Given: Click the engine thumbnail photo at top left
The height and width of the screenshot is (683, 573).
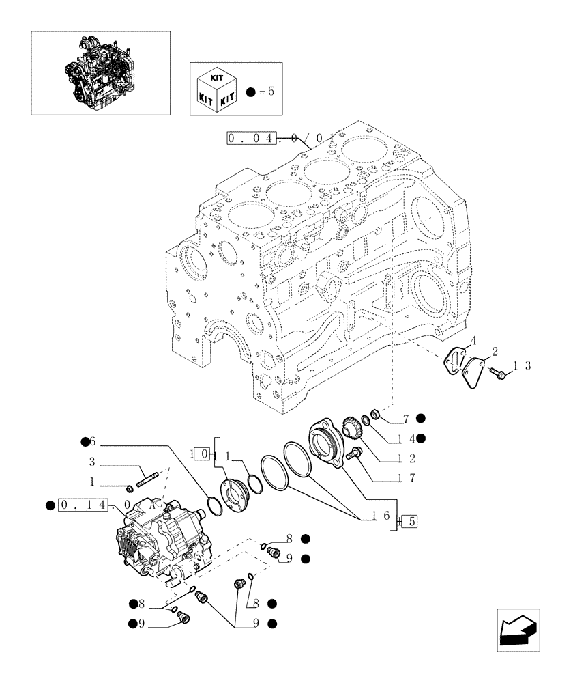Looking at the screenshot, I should pyautogui.click(x=100, y=72).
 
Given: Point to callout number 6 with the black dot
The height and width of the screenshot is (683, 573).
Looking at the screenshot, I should pyautogui.click(x=93, y=442).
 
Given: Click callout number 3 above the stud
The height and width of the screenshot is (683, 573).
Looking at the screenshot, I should pyautogui.click(x=91, y=463).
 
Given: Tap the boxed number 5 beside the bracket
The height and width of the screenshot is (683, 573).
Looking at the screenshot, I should pyautogui.click(x=410, y=522).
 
